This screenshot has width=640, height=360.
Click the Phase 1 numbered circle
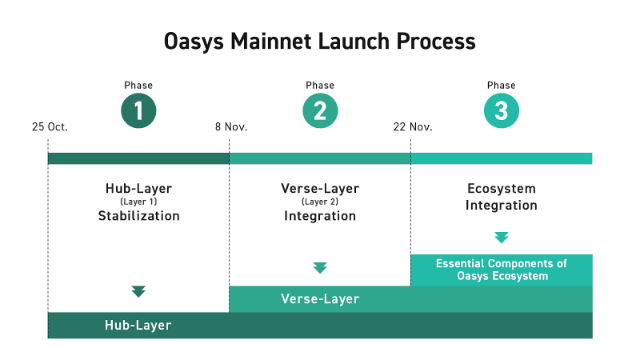pyautogui.click(x=138, y=110)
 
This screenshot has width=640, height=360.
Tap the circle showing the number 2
pyautogui.click(x=320, y=110)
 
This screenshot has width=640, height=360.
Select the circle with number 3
pyautogui.click(x=502, y=110)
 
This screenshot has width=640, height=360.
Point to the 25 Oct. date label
pyautogui.click(x=50, y=127)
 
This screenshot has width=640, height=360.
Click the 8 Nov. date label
pyautogui.click(x=231, y=127)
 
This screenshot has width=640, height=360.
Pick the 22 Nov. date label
pyautogui.click(x=413, y=127)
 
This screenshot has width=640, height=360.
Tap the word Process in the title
pyautogui.click(x=436, y=42)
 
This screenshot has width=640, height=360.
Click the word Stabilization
pyautogui.click(x=138, y=215)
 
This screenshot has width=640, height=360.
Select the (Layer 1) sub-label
pyautogui.click(x=138, y=202)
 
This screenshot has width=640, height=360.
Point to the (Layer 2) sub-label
pyautogui.click(x=320, y=202)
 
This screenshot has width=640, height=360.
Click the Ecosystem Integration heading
pyautogui.click(x=502, y=197)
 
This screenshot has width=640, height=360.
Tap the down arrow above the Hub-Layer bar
pyautogui.click(x=138, y=291)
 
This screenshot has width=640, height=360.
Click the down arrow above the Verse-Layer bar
pyautogui.click(x=320, y=268)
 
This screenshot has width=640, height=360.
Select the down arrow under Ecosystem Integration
pyautogui.click(x=502, y=238)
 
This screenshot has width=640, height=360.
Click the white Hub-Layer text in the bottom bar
pyautogui.click(x=138, y=326)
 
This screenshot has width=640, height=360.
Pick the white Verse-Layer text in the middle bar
pyautogui.click(x=320, y=298)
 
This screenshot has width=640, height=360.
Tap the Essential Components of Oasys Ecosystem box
pyautogui.click(x=502, y=270)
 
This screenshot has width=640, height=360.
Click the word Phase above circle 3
pyautogui.click(x=502, y=86)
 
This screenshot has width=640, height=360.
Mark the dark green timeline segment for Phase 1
pyautogui.click(x=138, y=158)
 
